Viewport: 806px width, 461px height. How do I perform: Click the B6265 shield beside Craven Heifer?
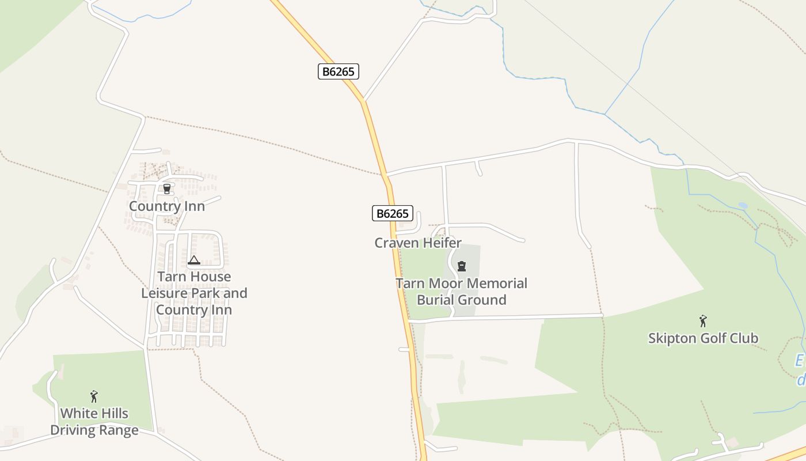pos(392,214)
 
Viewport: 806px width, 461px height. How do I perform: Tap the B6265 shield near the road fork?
pos(339,71)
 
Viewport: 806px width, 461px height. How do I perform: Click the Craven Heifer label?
pos(418,243)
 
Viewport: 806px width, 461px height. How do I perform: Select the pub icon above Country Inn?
pos(167,189)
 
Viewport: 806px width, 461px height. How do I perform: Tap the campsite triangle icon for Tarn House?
pos(194,260)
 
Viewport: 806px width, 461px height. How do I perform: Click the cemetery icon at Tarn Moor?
pos(461,266)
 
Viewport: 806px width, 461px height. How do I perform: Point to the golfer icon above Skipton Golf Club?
pos(702,321)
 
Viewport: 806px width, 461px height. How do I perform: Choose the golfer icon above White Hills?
pos(94,396)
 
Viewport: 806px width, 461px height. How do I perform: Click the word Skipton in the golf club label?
pos(668,338)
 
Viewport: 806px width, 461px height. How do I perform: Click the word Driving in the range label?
pos(71,430)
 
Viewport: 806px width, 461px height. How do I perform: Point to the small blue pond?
pos(743,205)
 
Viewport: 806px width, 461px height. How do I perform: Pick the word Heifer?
pos(440,243)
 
